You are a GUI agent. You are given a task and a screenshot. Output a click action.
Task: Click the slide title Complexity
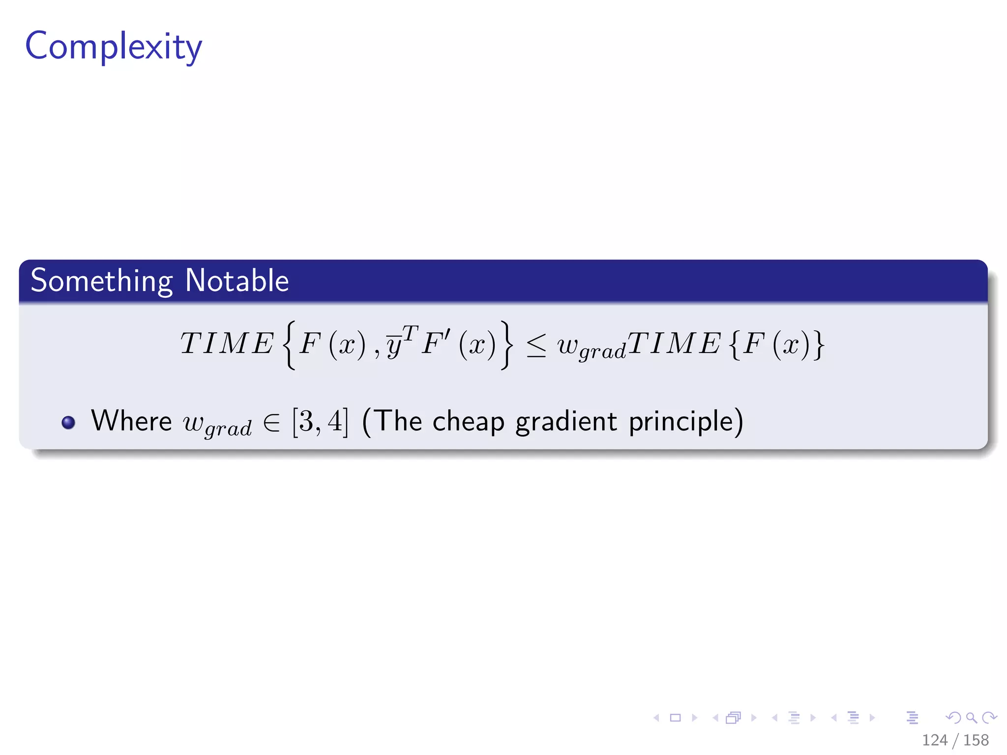[114, 47]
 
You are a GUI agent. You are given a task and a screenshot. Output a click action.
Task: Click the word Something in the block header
[102, 281]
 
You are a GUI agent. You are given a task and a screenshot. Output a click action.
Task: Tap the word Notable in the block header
[237, 281]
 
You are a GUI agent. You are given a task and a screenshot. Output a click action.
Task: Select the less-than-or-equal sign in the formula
[536, 345]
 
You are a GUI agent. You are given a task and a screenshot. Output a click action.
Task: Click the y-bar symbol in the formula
[393, 345]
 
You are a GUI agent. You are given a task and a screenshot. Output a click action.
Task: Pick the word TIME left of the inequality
[227, 343]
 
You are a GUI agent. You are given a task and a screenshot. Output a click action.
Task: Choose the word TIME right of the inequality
[674, 343]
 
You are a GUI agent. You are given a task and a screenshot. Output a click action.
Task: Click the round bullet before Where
[68, 422]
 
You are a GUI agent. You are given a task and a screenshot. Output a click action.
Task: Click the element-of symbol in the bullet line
[272, 422]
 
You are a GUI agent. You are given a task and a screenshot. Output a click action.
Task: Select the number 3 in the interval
[306, 421]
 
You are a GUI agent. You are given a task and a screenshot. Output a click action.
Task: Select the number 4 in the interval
[335, 421]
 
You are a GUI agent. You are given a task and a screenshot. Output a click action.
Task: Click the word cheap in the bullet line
[468, 422]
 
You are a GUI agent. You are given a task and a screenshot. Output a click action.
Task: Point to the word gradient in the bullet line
[565, 422]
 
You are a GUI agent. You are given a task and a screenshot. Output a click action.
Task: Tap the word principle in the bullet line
[681, 422]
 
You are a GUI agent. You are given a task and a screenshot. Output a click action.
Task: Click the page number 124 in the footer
[934, 740]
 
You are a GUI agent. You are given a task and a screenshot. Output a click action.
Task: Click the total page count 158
[976, 740]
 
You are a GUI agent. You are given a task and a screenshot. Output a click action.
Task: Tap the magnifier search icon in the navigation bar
[971, 718]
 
